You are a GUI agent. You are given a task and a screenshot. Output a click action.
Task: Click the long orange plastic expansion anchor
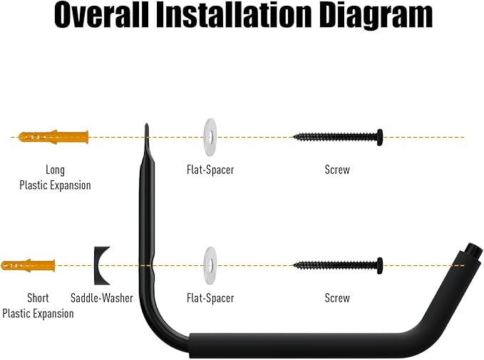click(x=53, y=137)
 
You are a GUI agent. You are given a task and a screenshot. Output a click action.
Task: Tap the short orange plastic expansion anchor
click(x=28, y=265)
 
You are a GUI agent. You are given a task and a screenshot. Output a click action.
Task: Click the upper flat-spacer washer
click(x=210, y=137)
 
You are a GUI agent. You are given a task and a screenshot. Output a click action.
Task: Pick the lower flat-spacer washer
click(x=210, y=265)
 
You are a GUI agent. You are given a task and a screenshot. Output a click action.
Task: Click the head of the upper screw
click(x=380, y=137)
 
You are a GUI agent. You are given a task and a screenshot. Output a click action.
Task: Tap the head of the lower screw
click(x=380, y=265)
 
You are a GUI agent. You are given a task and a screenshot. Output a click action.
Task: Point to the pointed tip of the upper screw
click(x=294, y=137)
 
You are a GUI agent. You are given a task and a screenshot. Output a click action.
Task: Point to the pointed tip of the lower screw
click(x=294, y=265)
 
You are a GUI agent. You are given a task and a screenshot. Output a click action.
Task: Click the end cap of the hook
click(x=474, y=252)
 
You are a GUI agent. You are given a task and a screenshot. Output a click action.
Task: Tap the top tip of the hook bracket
click(x=146, y=125)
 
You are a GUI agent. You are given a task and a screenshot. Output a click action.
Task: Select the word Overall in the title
click(x=101, y=14)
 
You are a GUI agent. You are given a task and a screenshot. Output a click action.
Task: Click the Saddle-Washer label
click(x=101, y=298)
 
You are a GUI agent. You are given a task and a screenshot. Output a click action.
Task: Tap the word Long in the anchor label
click(x=56, y=170)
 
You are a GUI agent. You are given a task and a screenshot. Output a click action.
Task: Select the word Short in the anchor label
click(x=38, y=298)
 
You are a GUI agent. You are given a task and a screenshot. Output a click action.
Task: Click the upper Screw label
click(x=337, y=170)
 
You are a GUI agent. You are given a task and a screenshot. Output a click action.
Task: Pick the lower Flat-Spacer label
click(x=210, y=298)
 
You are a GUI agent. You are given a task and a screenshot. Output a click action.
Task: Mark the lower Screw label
click(x=337, y=298)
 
